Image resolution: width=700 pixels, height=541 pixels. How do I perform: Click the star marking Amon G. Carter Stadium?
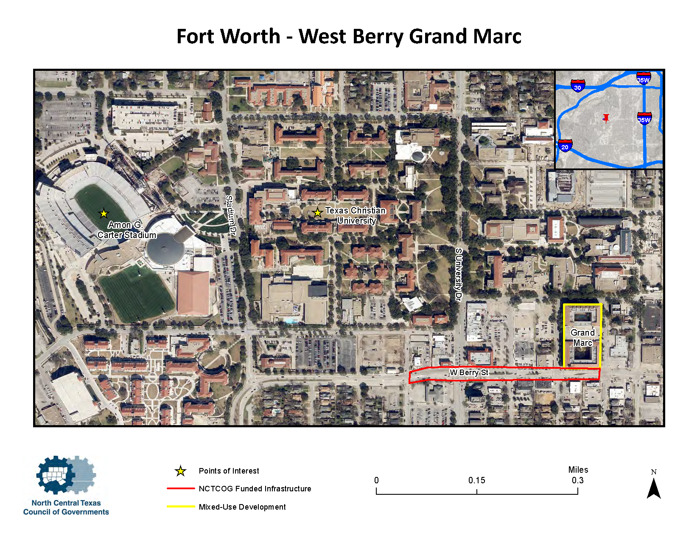tap(104, 213)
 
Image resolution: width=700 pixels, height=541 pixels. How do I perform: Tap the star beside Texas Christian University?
tap(317, 213)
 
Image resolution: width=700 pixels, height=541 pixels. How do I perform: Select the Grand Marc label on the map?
tap(582, 338)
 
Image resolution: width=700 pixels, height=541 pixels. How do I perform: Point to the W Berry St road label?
tap(469, 373)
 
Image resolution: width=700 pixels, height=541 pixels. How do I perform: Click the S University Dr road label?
tap(458, 275)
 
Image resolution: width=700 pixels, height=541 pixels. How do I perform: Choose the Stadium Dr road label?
tap(230, 216)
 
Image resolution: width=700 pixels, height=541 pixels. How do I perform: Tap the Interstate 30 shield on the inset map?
tap(577, 86)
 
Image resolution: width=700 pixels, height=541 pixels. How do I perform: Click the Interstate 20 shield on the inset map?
tap(565, 146)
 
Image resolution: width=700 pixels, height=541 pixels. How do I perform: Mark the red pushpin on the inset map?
tap(606, 118)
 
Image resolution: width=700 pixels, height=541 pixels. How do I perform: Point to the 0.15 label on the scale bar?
tap(476, 480)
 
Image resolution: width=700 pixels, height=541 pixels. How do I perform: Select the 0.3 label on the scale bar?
tap(577, 480)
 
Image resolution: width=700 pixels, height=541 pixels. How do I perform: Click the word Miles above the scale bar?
tap(578, 470)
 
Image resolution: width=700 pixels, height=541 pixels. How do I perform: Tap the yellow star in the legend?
tap(181, 471)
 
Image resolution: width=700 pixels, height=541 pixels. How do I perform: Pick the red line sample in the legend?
tap(181, 489)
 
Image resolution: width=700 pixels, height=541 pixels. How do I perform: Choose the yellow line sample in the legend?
tap(181, 507)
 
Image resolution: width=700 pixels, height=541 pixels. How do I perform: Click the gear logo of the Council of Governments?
tap(64, 475)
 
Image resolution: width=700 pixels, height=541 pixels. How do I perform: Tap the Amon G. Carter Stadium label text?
tap(126, 230)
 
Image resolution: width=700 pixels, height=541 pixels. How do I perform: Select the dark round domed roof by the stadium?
tap(165, 248)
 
